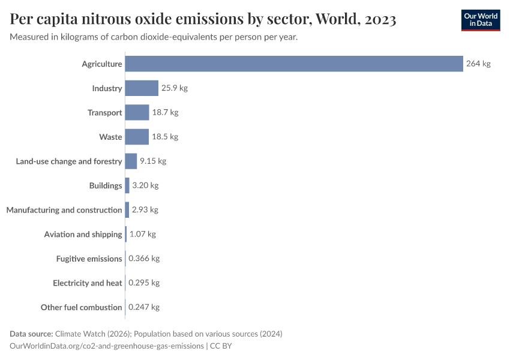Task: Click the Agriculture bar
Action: point(294,64)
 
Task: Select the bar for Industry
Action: point(142,88)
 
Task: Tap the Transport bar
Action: point(137,112)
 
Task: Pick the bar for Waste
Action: point(137,137)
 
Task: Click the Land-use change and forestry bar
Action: point(131,161)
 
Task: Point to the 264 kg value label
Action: point(478,64)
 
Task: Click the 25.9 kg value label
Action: point(174,88)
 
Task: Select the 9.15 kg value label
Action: point(152,161)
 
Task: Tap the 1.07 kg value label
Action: point(143,234)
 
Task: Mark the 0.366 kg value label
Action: point(144,259)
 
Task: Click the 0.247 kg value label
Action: point(144,307)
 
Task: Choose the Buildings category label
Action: point(106,185)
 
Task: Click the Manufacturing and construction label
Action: point(64,210)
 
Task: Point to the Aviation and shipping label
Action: point(83,234)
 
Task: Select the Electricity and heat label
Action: point(88,283)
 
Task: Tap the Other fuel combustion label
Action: point(82,307)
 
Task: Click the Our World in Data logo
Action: point(480,20)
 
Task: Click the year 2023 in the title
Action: point(380,20)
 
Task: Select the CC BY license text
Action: point(221,346)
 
